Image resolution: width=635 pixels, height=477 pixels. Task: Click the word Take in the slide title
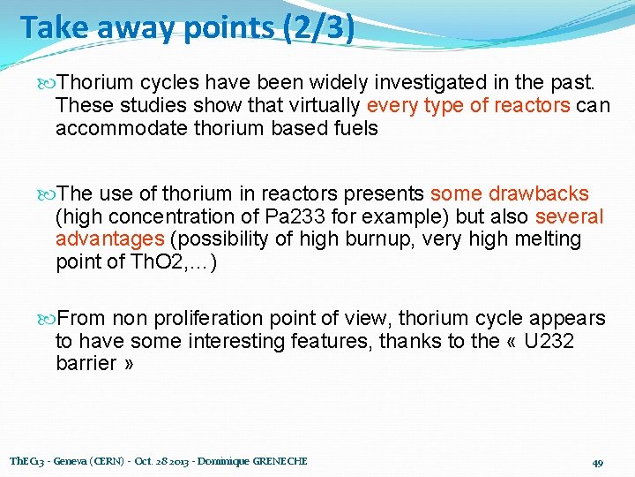[x=51, y=27]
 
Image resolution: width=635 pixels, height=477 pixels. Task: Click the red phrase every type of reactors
[x=468, y=106]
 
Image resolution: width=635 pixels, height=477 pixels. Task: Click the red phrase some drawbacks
[x=509, y=193]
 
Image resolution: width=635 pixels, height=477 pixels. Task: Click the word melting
[x=547, y=239]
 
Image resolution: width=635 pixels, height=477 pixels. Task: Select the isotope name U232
[x=549, y=341]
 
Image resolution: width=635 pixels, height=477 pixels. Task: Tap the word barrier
[x=86, y=364]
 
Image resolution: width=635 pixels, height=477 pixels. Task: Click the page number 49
[x=597, y=462]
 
